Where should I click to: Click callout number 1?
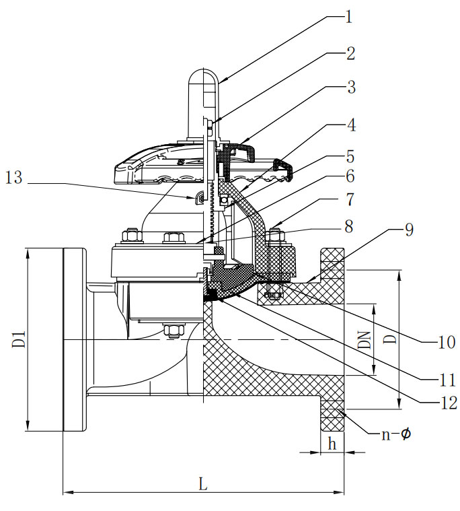pos(348,16)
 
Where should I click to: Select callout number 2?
pos(349,53)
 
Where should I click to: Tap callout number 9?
pos(410,229)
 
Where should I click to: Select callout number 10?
pos(446,342)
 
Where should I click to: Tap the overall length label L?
pos(202,483)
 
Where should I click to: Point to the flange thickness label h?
pos(331,444)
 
